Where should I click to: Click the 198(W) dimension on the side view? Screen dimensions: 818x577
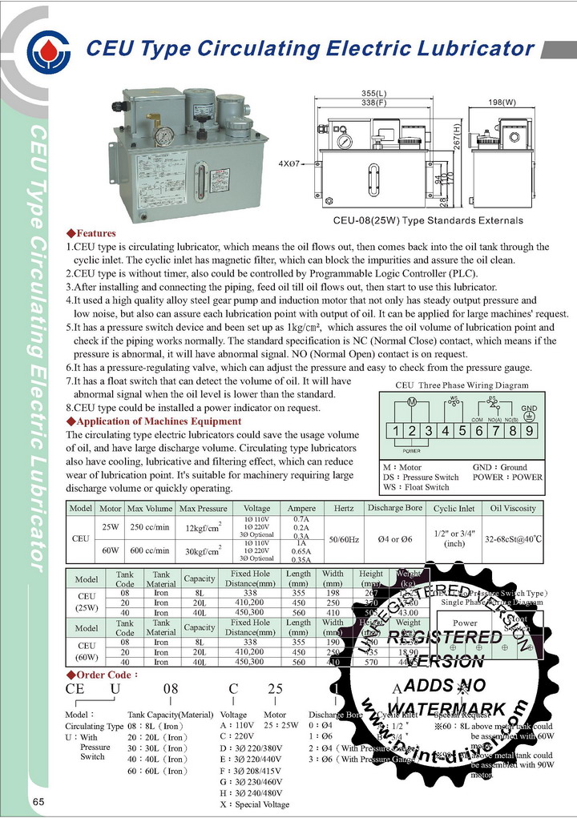(x=502, y=103)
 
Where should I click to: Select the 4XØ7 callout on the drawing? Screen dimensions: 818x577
(x=293, y=163)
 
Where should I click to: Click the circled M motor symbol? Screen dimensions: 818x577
(x=411, y=401)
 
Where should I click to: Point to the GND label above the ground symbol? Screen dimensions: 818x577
(x=529, y=407)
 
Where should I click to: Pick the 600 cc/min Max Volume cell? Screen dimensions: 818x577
(x=148, y=550)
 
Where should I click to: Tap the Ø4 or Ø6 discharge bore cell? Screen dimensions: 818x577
(x=394, y=539)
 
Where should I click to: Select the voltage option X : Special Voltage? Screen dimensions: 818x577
(x=254, y=804)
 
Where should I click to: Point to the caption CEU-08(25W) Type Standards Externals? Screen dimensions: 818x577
(x=428, y=220)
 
